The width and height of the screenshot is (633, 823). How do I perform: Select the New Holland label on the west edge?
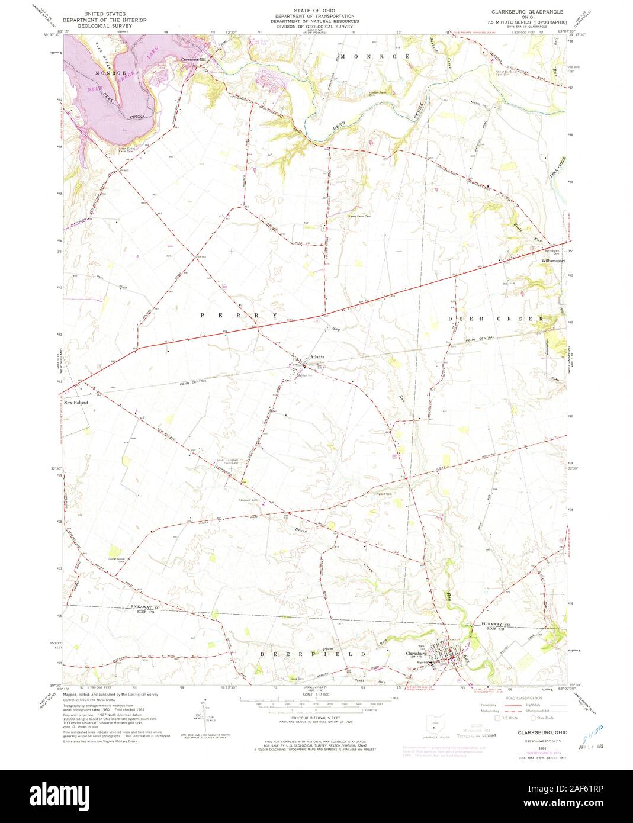[76, 403]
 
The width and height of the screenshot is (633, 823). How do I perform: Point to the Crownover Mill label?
[194, 60]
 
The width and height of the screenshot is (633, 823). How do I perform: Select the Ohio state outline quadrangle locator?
[437, 721]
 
